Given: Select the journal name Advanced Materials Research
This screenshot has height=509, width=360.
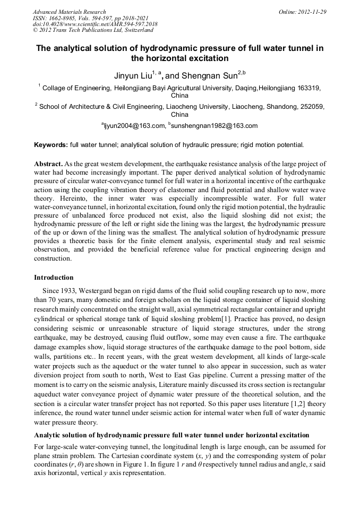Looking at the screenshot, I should coord(69,12).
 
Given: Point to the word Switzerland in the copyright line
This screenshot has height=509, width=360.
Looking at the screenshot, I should coord(133,30).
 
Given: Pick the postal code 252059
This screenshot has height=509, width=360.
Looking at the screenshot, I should coord(311,106).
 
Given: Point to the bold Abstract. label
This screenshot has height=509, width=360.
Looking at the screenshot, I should coord(50,164).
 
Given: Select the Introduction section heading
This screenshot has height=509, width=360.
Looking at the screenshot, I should coord(54,278).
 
